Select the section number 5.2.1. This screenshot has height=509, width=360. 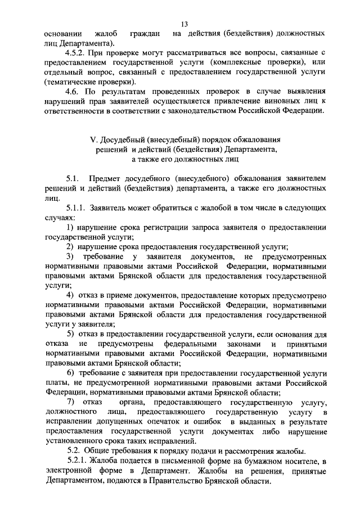coord(76,461)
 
